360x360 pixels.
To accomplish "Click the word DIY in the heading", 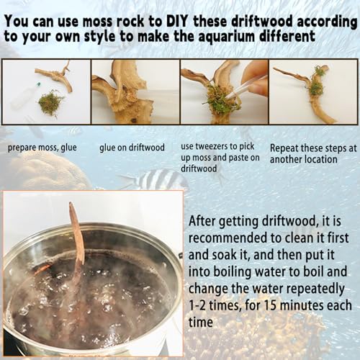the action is (176, 21).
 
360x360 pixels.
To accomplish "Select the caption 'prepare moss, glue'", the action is (42, 148).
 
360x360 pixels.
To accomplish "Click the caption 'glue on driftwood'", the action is (132, 147).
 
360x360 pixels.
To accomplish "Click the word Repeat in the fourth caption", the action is (284, 148).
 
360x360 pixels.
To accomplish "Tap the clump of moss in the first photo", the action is (50, 103).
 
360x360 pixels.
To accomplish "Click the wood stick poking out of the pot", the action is (77, 240).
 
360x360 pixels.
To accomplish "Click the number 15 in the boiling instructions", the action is (271, 305).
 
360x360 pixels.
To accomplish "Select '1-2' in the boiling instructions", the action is (197, 305).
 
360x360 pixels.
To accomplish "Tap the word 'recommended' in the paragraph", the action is (228, 238).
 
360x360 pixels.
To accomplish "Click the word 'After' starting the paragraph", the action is (203, 221).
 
